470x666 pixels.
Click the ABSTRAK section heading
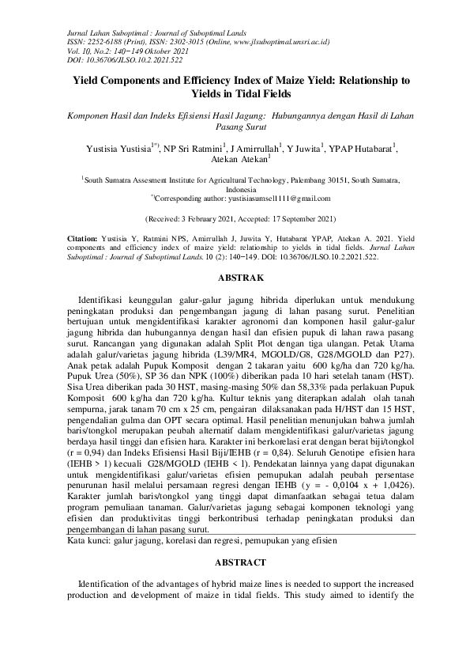click(x=235, y=278)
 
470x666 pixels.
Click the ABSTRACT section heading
click(x=235, y=562)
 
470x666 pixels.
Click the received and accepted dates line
click(x=235, y=218)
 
